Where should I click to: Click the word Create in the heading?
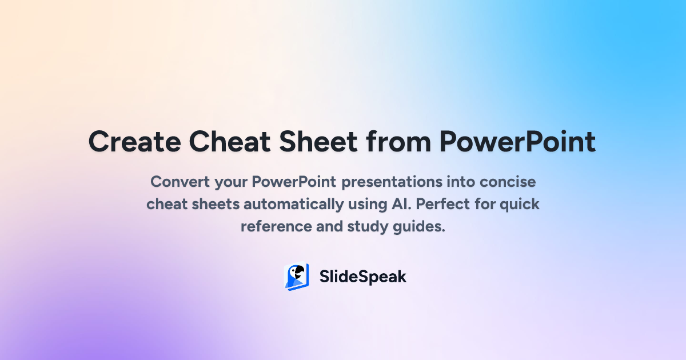pos(135,142)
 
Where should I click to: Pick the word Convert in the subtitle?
pos(180,182)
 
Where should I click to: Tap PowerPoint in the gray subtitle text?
pos(294,182)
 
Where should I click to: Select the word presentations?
pos(392,182)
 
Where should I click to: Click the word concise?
pos(508,182)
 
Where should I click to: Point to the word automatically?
pos(294,205)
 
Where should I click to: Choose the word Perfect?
pos(443,204)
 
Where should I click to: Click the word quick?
pos(520,205)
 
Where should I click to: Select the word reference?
pos(276,227)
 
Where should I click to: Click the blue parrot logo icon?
pos(297,277)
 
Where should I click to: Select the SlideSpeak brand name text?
pos(363,277)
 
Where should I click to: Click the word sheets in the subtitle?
pos(216,204)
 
